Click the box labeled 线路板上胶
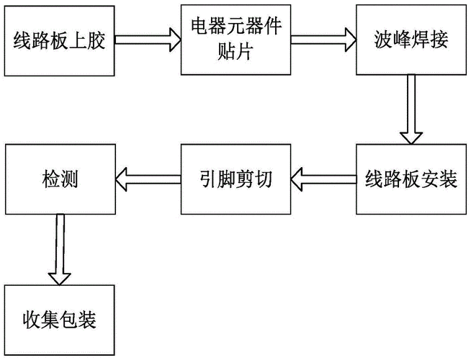click(59, 42)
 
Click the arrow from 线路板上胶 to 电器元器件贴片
click(148, 37)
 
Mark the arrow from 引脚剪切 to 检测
click(148, 178)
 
